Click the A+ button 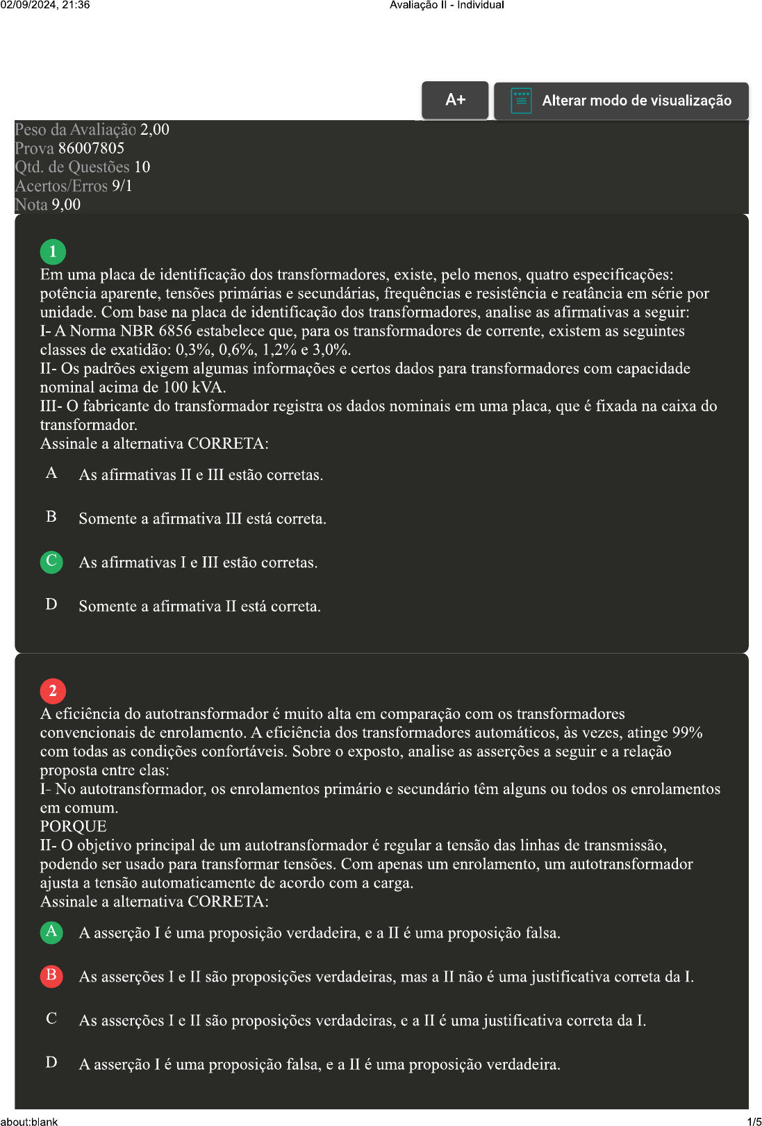click(455, 100)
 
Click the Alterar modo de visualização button click(621, 101)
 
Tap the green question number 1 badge click(53, 251)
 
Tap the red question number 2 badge click(53, 690)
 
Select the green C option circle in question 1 click(51, 561)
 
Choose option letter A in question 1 click(51, 474)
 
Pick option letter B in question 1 click(51, 517)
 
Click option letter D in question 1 click(51, 604)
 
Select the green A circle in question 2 click(51, 932)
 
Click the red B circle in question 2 click(51, 975)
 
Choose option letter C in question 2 click(51, 1019)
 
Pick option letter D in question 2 click(51, 1063)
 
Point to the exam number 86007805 click(91, 148)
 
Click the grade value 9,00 click(66, 204)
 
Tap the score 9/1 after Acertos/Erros click(122, 185)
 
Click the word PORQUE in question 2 click(73, 826)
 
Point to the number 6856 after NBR click(174, 331)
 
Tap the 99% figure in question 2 click(687, 732)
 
